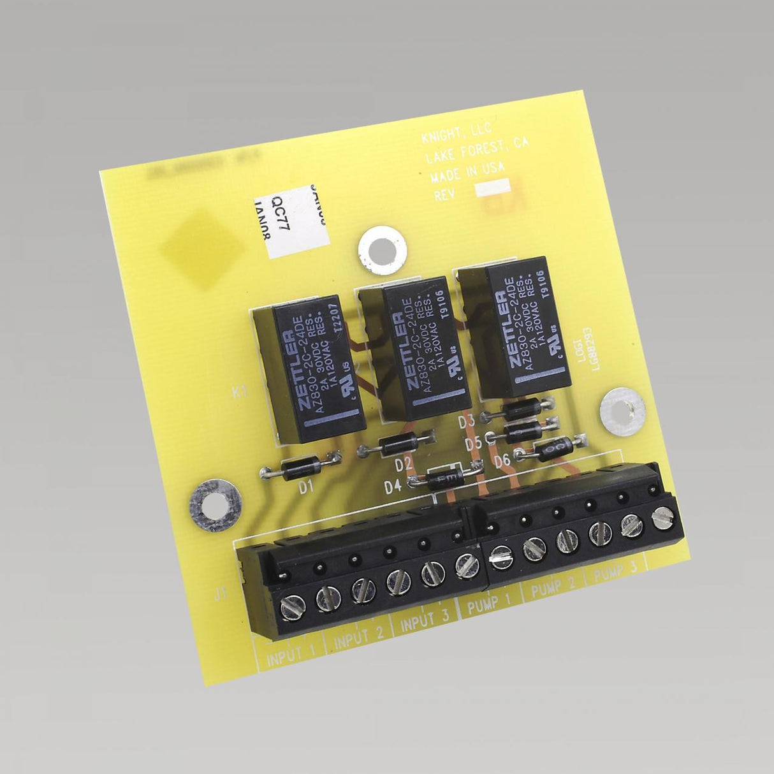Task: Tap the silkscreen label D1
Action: click(307, 488)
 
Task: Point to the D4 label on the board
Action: click(393, 488)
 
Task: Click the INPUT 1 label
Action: click(291, 656)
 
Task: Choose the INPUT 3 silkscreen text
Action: click(425, 621)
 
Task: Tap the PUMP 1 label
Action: click(490, 604)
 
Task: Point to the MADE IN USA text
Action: click(467, 172)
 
